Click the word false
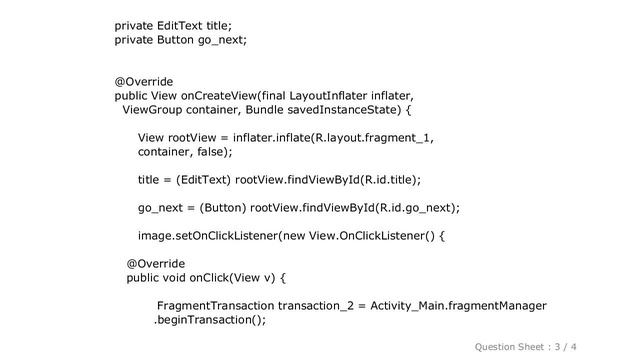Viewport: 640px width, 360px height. click(x=209, y=152)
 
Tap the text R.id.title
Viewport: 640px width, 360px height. click(x=385, y=180)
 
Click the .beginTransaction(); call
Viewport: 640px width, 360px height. click(x=210, y=321)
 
